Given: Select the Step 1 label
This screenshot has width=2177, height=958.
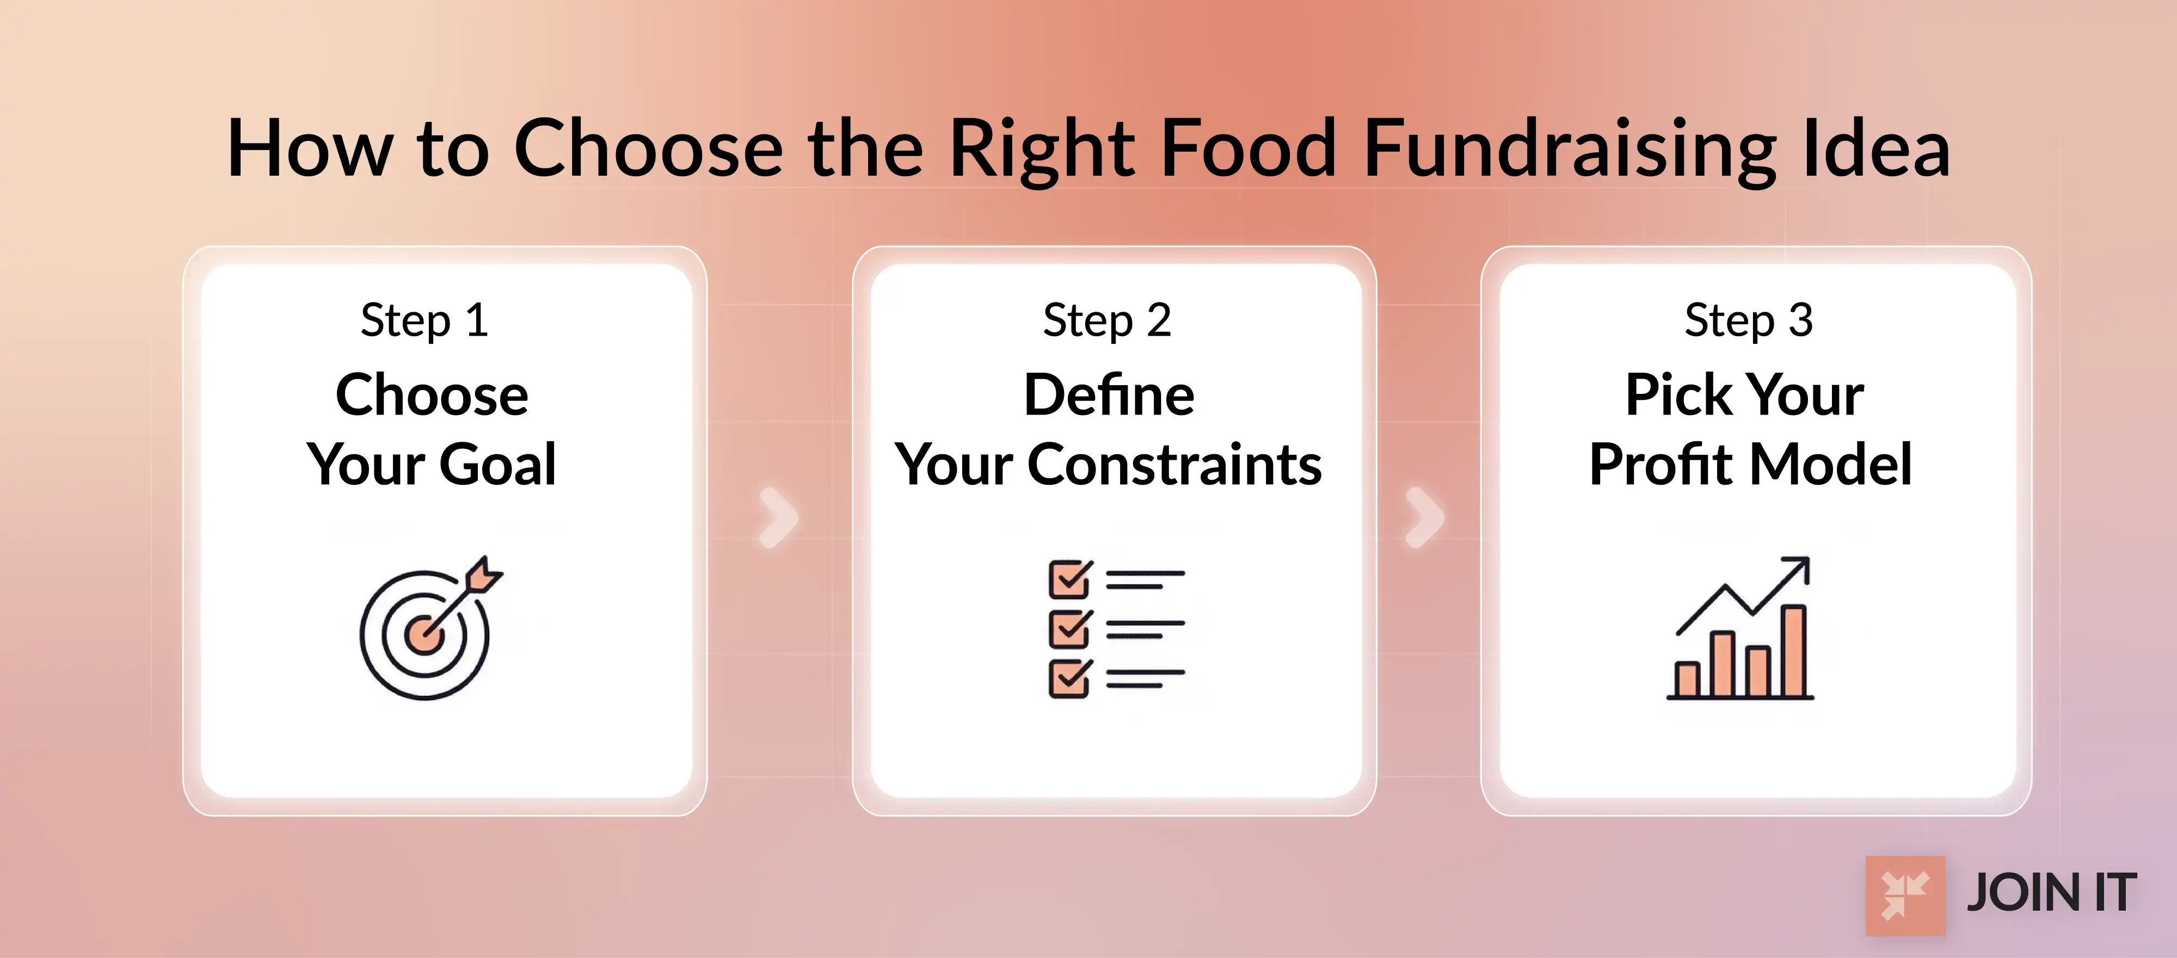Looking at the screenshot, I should (x=425, y=321).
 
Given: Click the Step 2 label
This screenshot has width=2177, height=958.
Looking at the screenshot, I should (x=1106, y=321).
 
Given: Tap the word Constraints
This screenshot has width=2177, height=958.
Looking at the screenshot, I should (x=1174, y=465).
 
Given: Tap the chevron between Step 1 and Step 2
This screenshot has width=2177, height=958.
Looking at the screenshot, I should (x=778, y=517).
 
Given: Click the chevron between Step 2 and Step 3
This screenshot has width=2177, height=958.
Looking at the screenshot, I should (x=1424, y=517).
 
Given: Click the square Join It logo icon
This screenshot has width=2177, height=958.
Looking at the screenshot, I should (x=1905, y=895).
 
